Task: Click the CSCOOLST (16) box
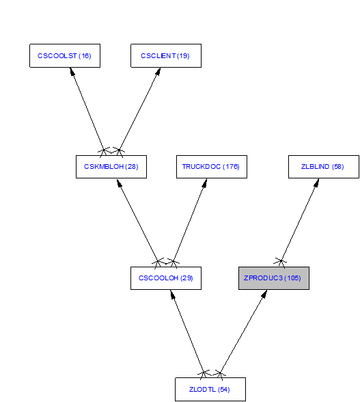point(65,55)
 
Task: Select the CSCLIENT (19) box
point(166,55)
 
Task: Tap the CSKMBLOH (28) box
point(111,167)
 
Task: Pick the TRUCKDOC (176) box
point(212,167)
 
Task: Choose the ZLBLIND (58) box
point(324,167)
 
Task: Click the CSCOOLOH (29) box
point(166,278)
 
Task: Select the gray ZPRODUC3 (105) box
point(274,278)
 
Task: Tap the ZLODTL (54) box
point(210,389)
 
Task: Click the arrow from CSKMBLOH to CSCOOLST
point(87,109)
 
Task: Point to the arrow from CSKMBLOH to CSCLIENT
point(139,109)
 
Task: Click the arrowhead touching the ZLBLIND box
point(317,183)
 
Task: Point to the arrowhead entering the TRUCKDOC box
point(205,183)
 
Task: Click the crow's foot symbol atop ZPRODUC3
point(281,263)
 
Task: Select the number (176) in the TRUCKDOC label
point(231,167)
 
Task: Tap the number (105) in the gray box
point(292,278)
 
